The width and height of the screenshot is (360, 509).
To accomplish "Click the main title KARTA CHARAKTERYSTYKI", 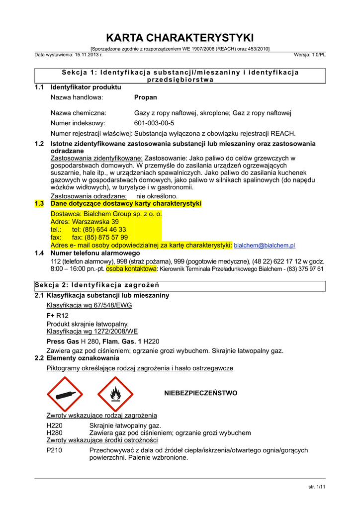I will click(x=180, y=38).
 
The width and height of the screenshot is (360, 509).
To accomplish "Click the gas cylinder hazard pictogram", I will click(x=65, y=394).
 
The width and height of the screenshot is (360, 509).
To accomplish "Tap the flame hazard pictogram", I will click(x=115, y=394).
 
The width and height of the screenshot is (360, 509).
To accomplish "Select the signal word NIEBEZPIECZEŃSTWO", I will click(x=201, y=393).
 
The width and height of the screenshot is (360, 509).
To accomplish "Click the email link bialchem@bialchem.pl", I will click(x=265, y=246).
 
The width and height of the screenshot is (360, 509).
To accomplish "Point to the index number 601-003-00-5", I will click(x=154, y=123).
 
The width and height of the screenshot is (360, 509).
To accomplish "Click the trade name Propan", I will click(x=146, y=97).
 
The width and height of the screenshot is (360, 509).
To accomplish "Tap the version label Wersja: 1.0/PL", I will click(x=310, y=55).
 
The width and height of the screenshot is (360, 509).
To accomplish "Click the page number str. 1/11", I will click(x=317, y=487).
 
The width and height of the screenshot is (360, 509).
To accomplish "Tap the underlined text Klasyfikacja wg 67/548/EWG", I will click(x=86, y=305).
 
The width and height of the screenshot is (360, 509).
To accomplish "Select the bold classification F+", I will click(x=50, y=315).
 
